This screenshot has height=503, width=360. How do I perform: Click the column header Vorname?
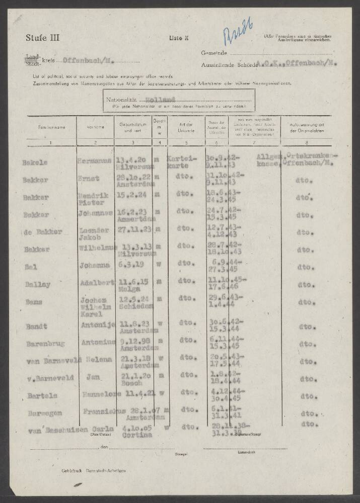pyautogui.click(x=95, y=127)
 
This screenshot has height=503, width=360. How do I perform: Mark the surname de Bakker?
pyautogui.click(x=42, y=232)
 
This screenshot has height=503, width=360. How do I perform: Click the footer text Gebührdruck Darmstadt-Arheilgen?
pyautogui.click(x=93, y=470)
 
